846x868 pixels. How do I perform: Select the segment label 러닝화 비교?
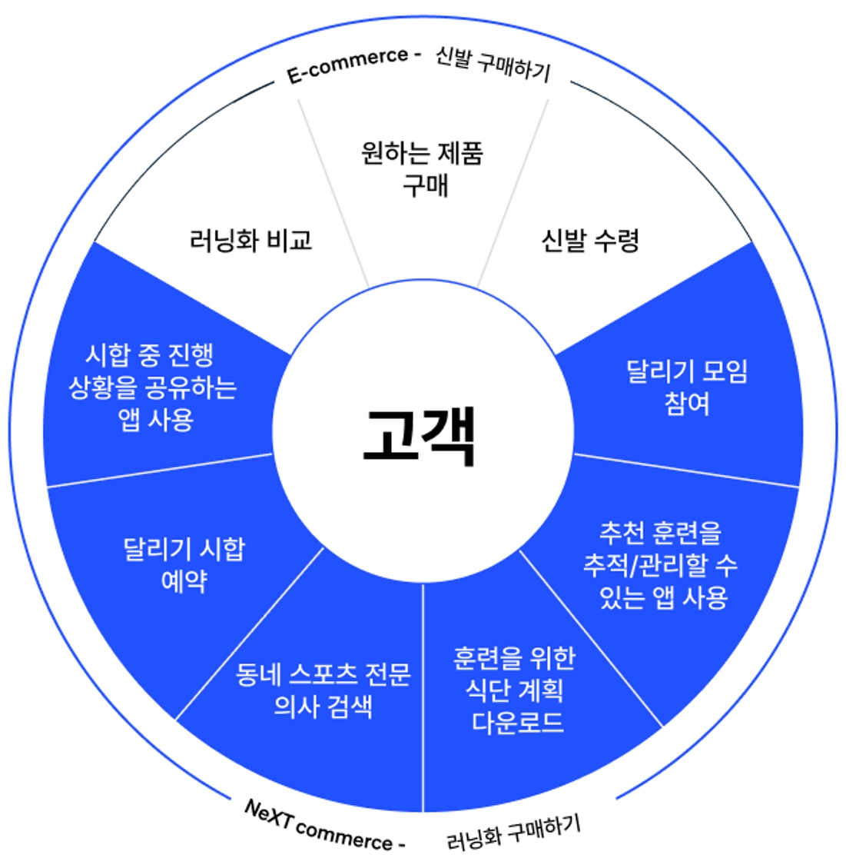pos(250,241)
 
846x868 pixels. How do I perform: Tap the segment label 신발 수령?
pos(589,241)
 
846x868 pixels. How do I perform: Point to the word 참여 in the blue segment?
pos(687,404)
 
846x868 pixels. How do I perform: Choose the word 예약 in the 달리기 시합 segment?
pos(184,580)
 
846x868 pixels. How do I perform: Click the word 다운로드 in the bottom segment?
pos(517,722)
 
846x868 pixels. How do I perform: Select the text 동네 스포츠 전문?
pos(323,673)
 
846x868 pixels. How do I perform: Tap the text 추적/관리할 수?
pos(660,565)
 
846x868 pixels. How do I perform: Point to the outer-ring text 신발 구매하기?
pos(493,64)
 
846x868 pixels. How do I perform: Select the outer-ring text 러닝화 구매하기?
pos(513,833)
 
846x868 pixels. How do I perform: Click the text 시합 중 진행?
pos(149,354)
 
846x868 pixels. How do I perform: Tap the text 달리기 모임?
pos(687,371)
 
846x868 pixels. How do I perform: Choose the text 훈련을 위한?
pos(514,657)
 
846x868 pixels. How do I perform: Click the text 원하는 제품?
pos(422,153)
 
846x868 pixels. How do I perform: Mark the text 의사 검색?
pos(323,706)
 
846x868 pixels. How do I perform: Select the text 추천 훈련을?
pos(660,532)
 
